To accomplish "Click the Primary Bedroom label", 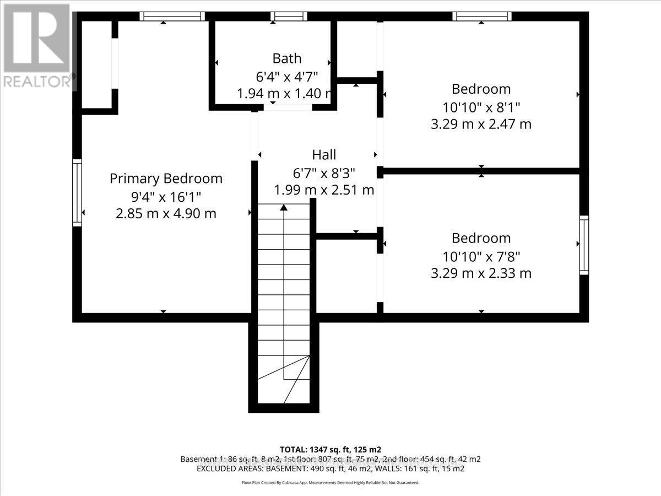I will point(166,179).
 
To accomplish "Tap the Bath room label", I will point(286,58).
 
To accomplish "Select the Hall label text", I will point(324,155).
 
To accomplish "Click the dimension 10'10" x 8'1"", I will point(481,106).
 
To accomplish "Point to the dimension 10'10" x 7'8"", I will point(481,256).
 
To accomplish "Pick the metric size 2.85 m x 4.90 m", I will point(166,214).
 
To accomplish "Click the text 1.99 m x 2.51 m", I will point(324,190).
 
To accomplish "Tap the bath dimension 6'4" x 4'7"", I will point(285,76).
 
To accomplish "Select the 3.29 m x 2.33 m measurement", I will point(481,273).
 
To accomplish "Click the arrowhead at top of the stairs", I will point(284,208).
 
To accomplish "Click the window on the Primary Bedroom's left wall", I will point(77,192).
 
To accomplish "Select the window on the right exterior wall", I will point(583,245).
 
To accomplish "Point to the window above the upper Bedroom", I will point(481,17).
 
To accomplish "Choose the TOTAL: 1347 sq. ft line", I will point(330,449).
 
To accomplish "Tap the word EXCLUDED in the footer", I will point(213,468).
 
